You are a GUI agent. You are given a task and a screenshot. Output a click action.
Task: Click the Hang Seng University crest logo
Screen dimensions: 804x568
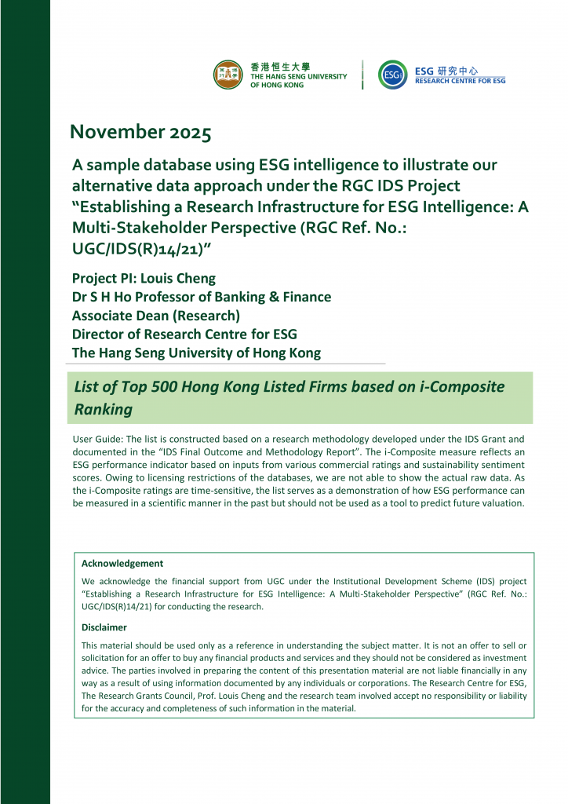(228, 75)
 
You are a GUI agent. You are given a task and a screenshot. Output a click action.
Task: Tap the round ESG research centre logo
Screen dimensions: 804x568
(392, 75)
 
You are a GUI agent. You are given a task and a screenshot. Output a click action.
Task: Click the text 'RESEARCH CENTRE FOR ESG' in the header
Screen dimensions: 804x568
(461, 81)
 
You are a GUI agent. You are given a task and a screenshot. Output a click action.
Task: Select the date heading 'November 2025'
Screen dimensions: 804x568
(140, 133)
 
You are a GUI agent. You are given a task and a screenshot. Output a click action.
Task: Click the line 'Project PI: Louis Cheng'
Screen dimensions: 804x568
(144, 278)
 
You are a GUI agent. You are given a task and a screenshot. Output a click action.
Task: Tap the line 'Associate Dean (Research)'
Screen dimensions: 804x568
(155, 316)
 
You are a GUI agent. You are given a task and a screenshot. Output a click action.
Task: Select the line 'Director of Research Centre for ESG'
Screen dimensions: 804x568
(184, 334)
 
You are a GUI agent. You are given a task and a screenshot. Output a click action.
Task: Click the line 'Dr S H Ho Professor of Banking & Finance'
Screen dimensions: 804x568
(201, 297)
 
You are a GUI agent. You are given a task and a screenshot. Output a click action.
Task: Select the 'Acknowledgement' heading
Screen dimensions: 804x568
(122, 563)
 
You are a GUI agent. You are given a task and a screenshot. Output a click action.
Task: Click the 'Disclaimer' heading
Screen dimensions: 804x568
(104, 627)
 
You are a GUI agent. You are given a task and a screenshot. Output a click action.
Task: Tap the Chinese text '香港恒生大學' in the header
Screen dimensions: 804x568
(280, 67)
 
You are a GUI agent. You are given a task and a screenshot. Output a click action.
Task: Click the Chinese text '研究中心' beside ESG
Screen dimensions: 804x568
(457, 71)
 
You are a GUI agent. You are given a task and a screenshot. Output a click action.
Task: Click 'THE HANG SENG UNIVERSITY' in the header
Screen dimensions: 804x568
(298, 76)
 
